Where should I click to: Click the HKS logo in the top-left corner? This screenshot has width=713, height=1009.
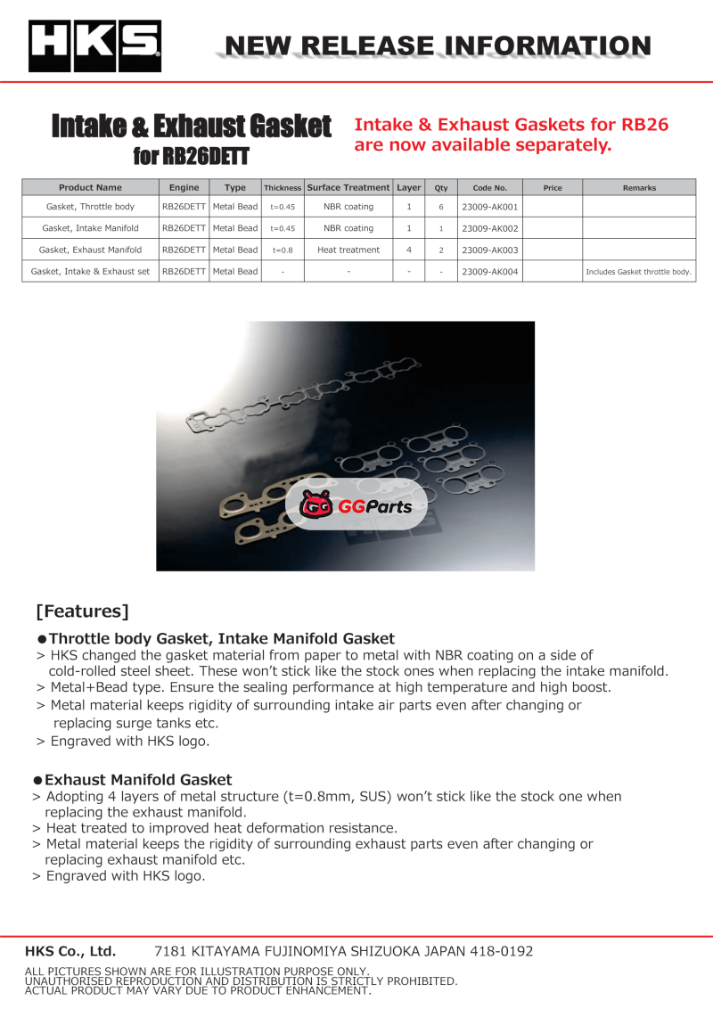click(94, 46)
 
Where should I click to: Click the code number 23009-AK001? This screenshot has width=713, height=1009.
click(489, 207)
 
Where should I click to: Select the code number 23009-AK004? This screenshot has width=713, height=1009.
click(489, 272)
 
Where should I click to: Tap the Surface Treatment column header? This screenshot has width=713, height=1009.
click(348, 188)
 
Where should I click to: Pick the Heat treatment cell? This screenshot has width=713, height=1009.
click(348, 250)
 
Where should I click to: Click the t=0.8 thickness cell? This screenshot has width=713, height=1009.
click(283, 250)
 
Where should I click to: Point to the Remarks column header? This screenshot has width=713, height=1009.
click(639, 188)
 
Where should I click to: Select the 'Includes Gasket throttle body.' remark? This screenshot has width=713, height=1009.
click(639, 272)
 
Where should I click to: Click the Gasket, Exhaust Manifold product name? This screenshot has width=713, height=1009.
click(90, 250)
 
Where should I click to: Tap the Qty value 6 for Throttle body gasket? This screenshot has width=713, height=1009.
click(440, 207)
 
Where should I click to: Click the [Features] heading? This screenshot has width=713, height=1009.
click(82, 611)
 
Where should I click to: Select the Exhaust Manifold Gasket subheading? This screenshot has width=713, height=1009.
click(138, 780)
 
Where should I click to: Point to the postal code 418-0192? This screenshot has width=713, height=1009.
click(501, 951)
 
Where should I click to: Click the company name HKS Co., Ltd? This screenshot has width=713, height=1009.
click(70, 951)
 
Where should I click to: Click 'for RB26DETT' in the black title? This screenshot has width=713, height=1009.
click(191, 157)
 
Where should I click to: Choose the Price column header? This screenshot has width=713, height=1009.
click(553, 188)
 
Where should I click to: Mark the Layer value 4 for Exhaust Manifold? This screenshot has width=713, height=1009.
click(408, 250)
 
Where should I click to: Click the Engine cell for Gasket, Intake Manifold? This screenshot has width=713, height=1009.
click(184, 229)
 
